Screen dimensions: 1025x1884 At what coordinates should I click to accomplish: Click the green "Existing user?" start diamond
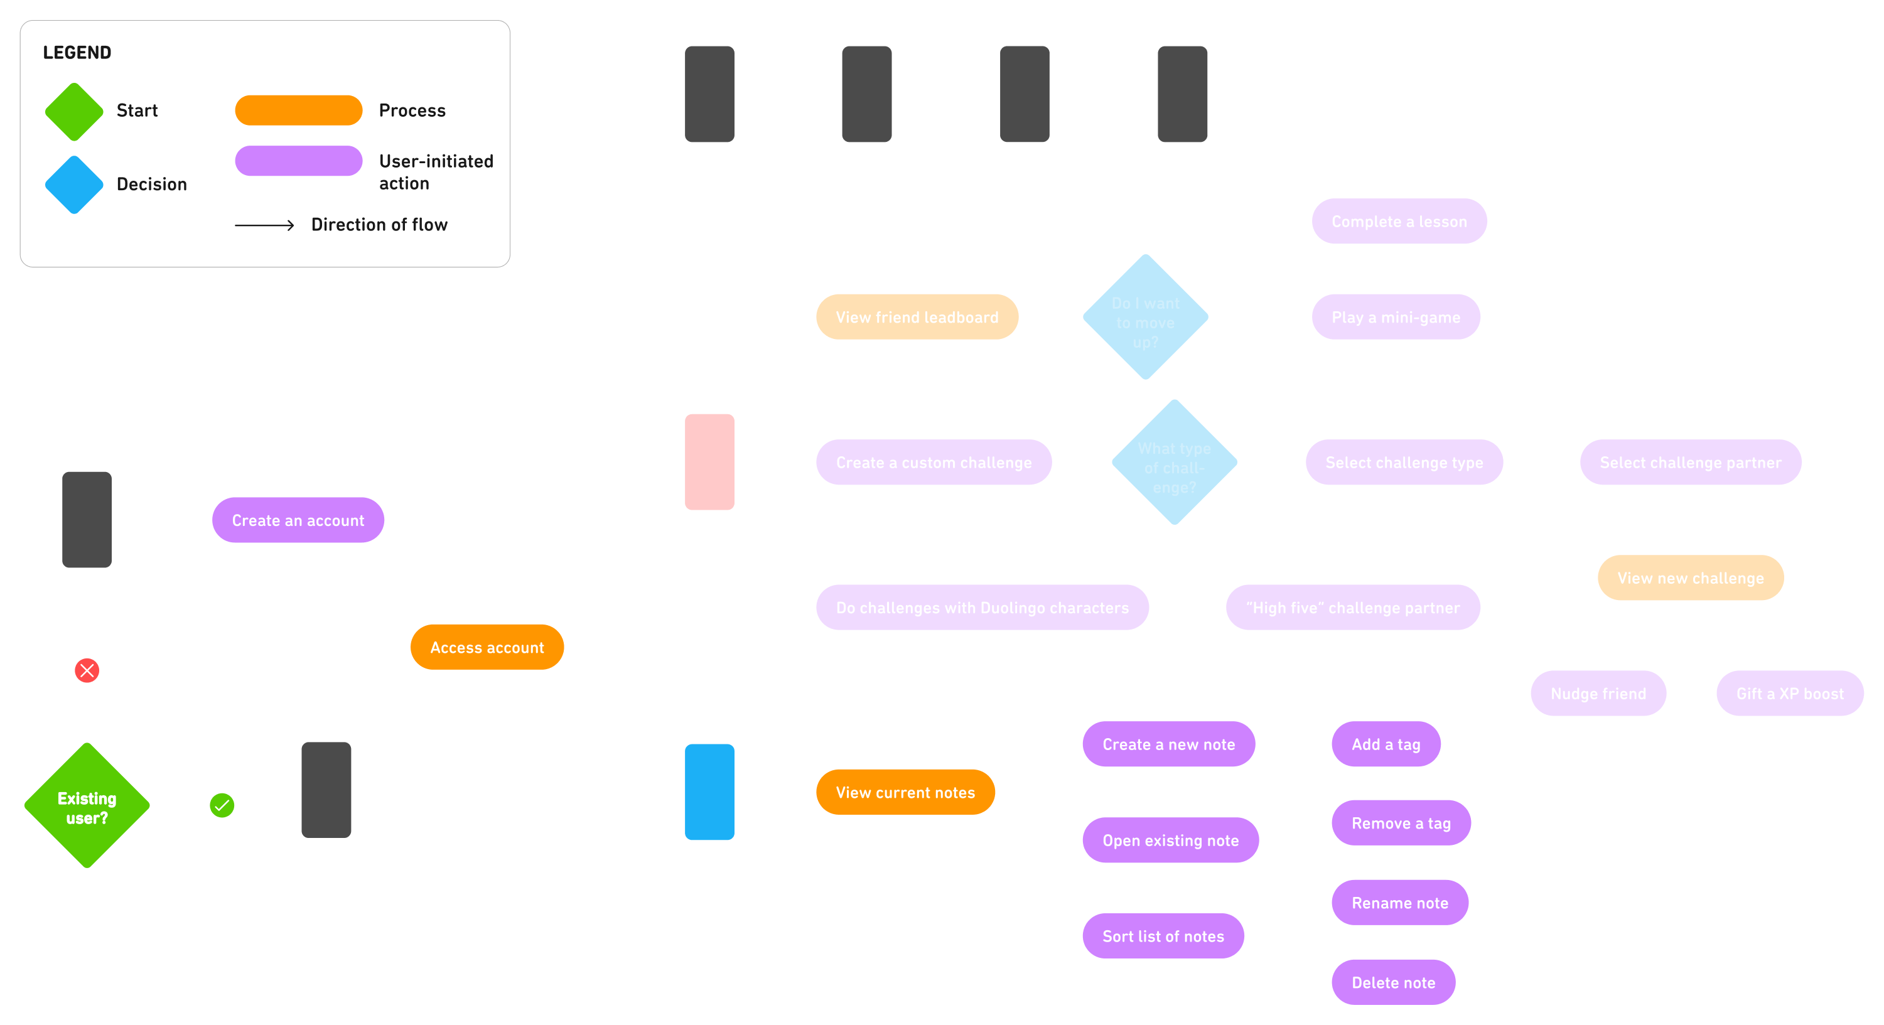[87, 806]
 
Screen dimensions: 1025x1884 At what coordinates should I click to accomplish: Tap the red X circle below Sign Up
[87, 670]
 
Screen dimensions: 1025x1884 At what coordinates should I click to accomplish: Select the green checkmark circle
[222, 806]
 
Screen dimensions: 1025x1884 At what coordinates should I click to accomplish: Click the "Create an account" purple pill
[298, 520]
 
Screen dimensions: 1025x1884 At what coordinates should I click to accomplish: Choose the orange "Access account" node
[487, 647]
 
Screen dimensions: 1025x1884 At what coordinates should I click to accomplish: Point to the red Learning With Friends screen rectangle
[709, 462]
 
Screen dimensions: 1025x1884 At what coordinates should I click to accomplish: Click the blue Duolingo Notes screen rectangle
[709, 792]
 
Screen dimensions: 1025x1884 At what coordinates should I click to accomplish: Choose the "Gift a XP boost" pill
[1790, 694]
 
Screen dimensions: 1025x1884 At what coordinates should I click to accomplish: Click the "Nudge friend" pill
[1598, 694]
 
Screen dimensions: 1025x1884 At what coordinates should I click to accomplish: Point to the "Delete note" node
[1393, 982]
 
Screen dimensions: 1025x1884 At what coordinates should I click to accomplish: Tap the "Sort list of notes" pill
[1163, 936]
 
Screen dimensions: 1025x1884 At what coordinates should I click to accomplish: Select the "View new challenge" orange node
[1690, 578]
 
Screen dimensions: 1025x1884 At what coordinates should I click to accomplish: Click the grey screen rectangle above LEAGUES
[1025, 94]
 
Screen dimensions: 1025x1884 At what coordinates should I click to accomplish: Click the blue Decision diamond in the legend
[74, 185]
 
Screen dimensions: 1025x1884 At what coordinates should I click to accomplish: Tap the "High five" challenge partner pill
[1353, 608]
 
